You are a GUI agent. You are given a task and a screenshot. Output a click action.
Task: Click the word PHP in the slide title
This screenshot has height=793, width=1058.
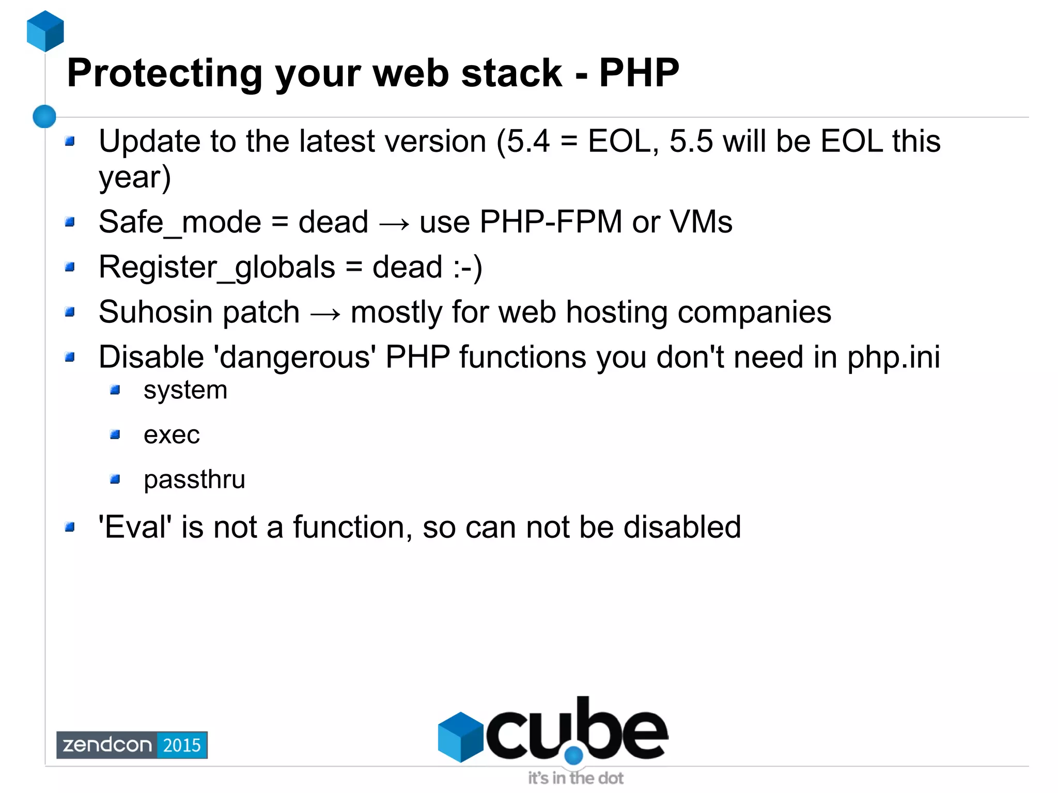tap(639, 73)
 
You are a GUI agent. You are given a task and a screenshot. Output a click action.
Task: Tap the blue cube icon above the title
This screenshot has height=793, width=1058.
tap(45, 31)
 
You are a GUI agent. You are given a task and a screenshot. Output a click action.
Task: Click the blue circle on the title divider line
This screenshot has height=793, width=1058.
tap(44, 116)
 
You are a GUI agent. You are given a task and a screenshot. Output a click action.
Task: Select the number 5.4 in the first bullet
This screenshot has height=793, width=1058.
tap(528, 141)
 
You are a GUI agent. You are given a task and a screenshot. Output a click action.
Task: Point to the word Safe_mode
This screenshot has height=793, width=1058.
tap(180, 222)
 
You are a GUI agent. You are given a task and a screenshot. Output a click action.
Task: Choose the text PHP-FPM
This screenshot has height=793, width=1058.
tap(551, 222)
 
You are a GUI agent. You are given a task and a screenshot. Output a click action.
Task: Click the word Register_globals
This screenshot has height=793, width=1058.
tap(217, 268)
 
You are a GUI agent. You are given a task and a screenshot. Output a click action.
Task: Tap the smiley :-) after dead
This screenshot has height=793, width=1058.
tap(468, 268)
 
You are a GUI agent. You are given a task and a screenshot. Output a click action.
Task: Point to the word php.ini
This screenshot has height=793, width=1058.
tap(894, 357)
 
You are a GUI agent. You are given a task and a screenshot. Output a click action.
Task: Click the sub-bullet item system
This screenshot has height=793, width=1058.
tap(185, 391)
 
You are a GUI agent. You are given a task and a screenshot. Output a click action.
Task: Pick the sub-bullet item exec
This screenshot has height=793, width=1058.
tap(172, 435)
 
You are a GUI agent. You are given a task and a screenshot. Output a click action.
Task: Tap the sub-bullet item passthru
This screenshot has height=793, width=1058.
tap(194, 480)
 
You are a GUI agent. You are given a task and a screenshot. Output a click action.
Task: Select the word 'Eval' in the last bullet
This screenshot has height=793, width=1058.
tap(135, 527)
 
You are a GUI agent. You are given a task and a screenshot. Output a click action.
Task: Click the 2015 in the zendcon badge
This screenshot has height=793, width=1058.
tap(182, 745)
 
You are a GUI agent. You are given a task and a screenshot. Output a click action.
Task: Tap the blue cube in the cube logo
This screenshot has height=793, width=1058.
tap(460, 736)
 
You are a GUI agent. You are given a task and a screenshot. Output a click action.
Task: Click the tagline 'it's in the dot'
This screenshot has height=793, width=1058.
tap(575, 778)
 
